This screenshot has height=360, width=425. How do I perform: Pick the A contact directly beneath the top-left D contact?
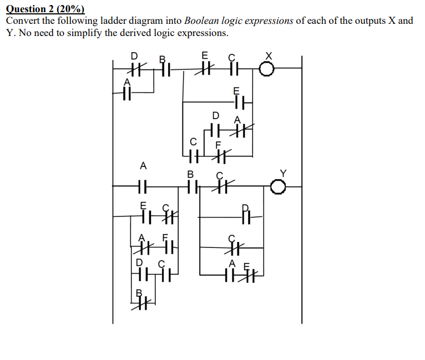pos(128,92)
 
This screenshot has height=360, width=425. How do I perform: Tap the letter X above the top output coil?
pos(269,55)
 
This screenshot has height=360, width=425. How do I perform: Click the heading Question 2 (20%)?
pos(45,8)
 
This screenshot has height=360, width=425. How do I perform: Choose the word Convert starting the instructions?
pos(23,21)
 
